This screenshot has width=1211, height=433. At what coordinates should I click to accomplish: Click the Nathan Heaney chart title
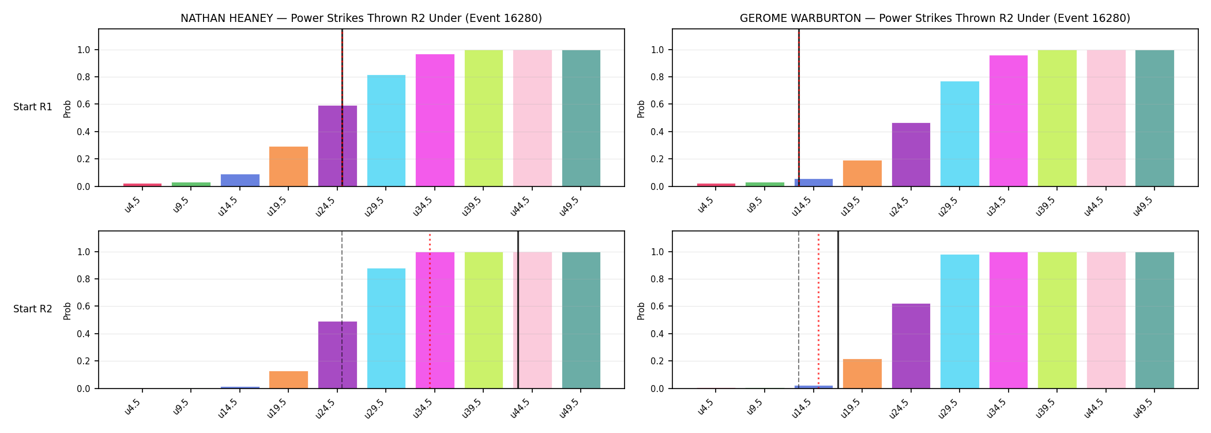pyautogui.click(x=361, y=18)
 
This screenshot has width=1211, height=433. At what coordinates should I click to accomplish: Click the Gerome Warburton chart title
pyautogui.click(x=935, y=18)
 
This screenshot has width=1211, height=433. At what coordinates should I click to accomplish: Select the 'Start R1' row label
pyautogui.click(x=33, y=107)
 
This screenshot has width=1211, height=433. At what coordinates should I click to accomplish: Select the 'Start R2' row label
pyautogui.click(x=33, y=309)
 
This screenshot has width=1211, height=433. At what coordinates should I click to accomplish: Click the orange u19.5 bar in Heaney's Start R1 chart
pyautogui.click(x=288, y=166)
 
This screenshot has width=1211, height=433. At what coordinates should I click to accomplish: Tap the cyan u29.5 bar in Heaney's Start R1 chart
pyautogui.click(x=386, y=130)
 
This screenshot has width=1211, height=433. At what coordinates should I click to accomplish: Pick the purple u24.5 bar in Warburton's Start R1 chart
pyautogui.click(x=911, y=155)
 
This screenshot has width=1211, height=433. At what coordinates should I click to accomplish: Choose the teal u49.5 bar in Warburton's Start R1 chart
pyautogui.click(x=1154, y=118)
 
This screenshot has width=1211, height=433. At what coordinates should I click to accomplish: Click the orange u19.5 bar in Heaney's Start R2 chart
pyautogui.click(x=288, y=380)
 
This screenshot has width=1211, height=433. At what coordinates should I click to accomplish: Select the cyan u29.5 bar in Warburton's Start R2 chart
pyautogui.click(x=960, y=322)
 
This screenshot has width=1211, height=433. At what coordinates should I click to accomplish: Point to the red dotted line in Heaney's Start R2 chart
pyautogui.click(x=430, y=310)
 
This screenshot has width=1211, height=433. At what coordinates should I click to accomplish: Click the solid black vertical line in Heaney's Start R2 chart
pyautogui.click(x=518, y=310)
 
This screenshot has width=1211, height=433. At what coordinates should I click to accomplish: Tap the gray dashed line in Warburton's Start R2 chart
pyautogui.click(x=799, y=310)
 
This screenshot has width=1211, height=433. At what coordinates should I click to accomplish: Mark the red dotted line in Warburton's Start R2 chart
pyautogui.click(x=818, y=310)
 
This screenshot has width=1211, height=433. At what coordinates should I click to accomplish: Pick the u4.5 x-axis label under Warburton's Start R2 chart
pyautogui.click(x=706, y=406)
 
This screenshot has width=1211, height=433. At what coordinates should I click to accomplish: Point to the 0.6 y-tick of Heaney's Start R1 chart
pyautogui.click(x=84, y=104)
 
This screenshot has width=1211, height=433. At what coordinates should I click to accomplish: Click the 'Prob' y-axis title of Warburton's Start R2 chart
pyautogui.click(x=641, y=311)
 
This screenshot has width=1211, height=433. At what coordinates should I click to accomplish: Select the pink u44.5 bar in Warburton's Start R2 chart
pyautogui.click(x=1106, y=320)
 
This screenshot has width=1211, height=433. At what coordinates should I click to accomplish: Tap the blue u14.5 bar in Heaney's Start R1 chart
pyautogui.click(x=240, y=180)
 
